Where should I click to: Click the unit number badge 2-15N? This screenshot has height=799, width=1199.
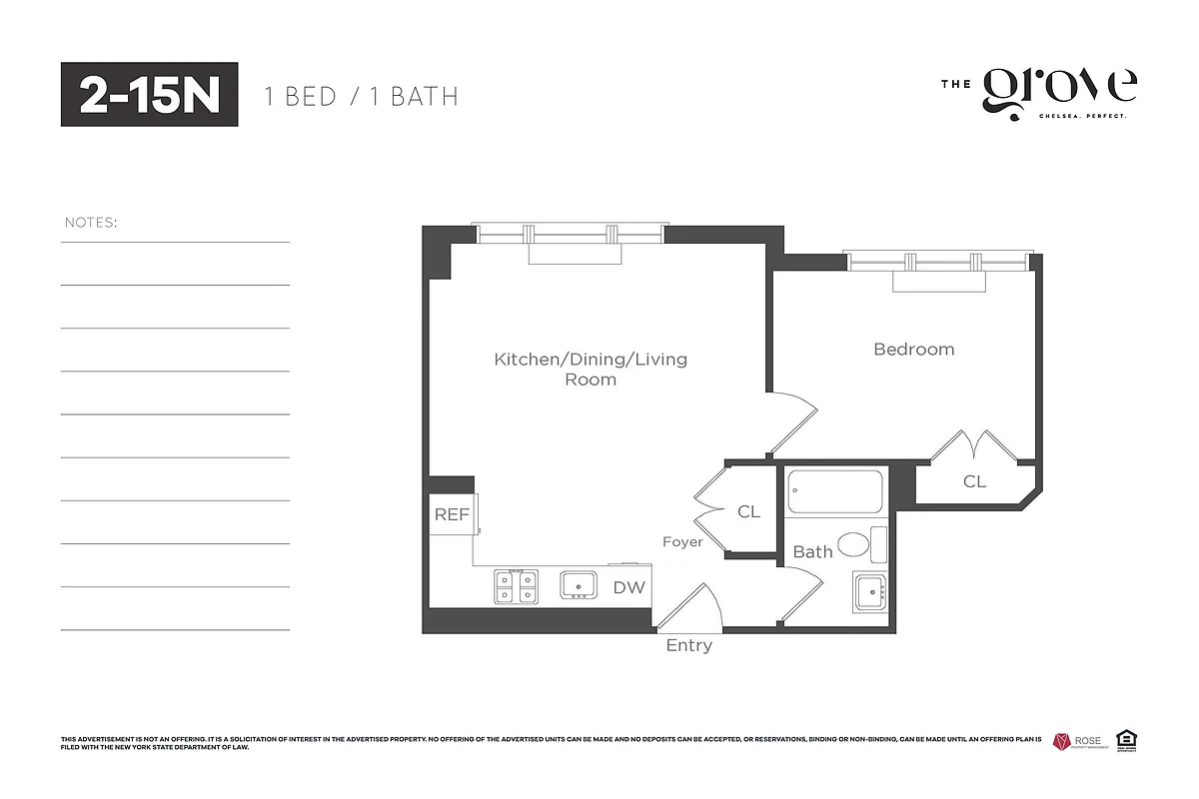tap(149, 95)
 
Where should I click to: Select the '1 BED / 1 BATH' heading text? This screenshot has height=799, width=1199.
tap(361, 97)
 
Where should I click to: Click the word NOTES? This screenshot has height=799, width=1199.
tap(91, 222)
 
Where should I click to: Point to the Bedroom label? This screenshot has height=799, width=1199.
tap(913, 350)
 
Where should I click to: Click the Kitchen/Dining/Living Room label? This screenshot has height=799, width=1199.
tap(591, 369)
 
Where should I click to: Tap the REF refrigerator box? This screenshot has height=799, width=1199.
tap(452, 515)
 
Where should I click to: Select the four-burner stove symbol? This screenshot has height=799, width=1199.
tap(517, 586)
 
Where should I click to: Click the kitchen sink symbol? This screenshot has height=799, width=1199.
tap(579, 585)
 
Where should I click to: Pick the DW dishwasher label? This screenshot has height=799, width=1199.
tap(628, 588)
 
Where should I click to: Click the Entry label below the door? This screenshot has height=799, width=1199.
tap(689, 646)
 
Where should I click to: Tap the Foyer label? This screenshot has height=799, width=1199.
tap(682, 542)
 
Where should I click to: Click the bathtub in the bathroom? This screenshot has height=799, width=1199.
tap(834, 492)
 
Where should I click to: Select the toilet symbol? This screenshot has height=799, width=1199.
tap(857, 544)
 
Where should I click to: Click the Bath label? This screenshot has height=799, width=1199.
tap(812, 551)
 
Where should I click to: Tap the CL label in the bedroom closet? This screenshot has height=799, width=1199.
tap(974, 481)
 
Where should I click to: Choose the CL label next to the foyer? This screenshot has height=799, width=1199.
tap(748, 512)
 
